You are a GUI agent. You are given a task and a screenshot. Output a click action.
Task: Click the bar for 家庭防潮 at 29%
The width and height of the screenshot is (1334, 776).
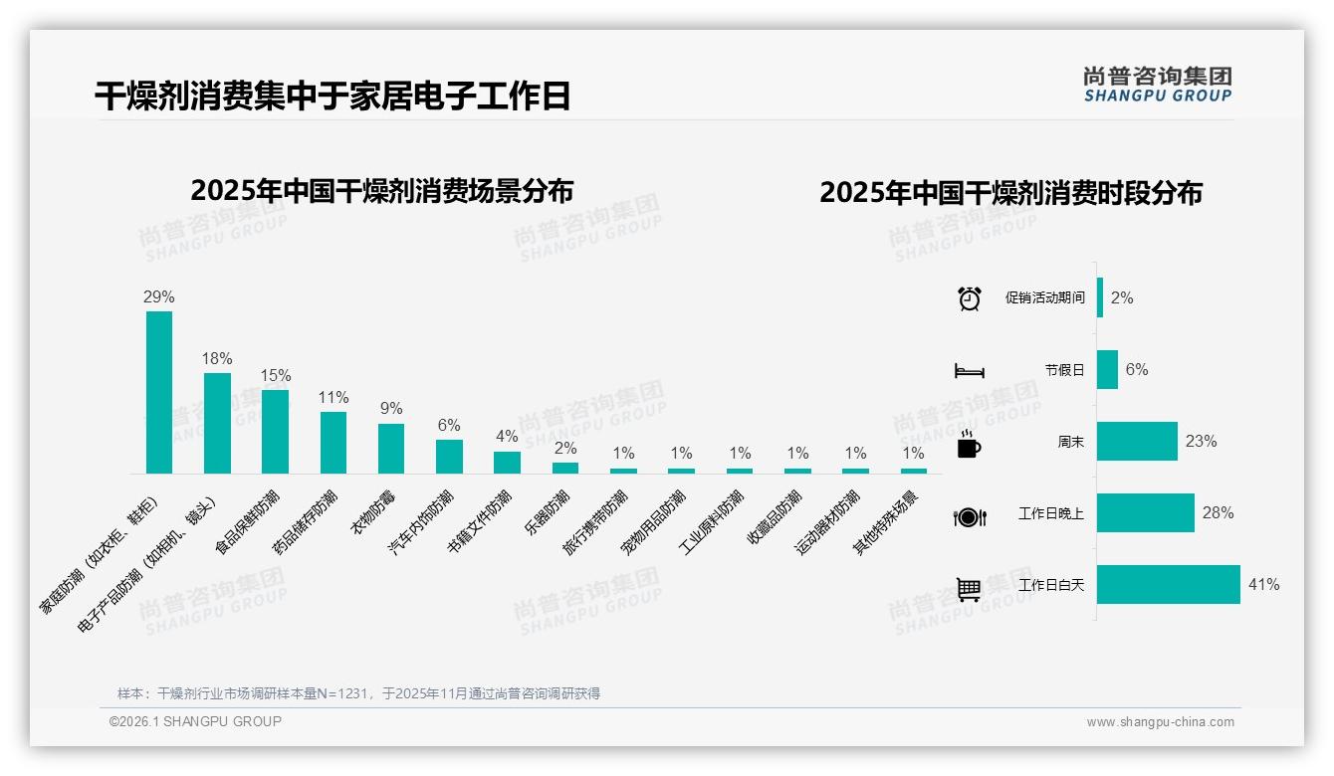(x=159, y=392)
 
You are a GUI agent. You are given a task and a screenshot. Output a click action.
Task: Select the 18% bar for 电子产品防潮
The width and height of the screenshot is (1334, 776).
(x=217, y=423)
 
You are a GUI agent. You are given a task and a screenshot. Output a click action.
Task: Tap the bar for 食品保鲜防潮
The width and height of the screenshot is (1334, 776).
(x=275, y=431)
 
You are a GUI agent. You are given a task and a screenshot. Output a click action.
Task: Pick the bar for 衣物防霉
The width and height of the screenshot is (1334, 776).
(x=391, y=448)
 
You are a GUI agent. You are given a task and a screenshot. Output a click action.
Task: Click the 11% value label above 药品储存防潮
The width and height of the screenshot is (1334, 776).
(x=333, y=397)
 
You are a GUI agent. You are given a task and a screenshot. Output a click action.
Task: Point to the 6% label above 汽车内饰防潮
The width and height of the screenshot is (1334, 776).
(x=449, y=425)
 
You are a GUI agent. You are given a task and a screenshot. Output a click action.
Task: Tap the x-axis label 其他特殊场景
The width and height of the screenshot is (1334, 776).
(x=886, y=521)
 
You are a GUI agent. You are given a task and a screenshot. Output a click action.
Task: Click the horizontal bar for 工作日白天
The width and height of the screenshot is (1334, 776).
(x=1169, y=585)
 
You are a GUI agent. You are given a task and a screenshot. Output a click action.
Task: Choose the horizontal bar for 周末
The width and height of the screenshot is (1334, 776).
(x=1137, y=442)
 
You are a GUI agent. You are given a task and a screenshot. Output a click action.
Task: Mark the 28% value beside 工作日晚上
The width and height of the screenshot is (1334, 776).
(x=1218, y=513)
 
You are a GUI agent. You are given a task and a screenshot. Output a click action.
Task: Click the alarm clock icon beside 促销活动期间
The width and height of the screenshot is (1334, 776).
(x=970, y=298)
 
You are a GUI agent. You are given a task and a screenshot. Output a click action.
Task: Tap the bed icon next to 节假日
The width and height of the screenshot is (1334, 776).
(x=970, y=371)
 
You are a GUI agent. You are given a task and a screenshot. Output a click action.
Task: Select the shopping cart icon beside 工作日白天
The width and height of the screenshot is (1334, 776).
(x=969, y=589)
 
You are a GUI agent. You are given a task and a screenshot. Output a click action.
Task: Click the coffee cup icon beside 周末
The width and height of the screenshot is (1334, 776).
(x=969, y=445)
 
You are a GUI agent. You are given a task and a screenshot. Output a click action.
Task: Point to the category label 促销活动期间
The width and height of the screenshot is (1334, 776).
(x=1044, y=298)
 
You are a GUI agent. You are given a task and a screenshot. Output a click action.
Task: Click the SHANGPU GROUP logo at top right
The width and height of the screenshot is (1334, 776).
(x=1157, y=85)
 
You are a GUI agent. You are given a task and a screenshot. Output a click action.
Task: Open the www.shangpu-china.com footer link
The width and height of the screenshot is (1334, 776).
(x=1160, y=722)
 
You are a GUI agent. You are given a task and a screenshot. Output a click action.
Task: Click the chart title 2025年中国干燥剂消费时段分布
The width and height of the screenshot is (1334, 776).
(x=1010, y=192)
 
